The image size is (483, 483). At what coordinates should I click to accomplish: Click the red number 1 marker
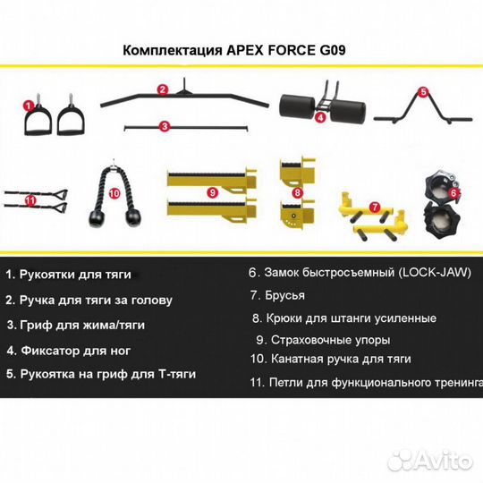pyautogui.click(x=30, y=105)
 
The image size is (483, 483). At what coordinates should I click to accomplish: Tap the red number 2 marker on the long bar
pyautogui.click(x=163, y=89)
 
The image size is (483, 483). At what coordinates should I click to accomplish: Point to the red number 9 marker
pyautogui.click(x=211, y=191)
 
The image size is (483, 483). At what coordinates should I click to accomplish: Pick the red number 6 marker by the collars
pyautogui.click(x=453, y=191)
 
